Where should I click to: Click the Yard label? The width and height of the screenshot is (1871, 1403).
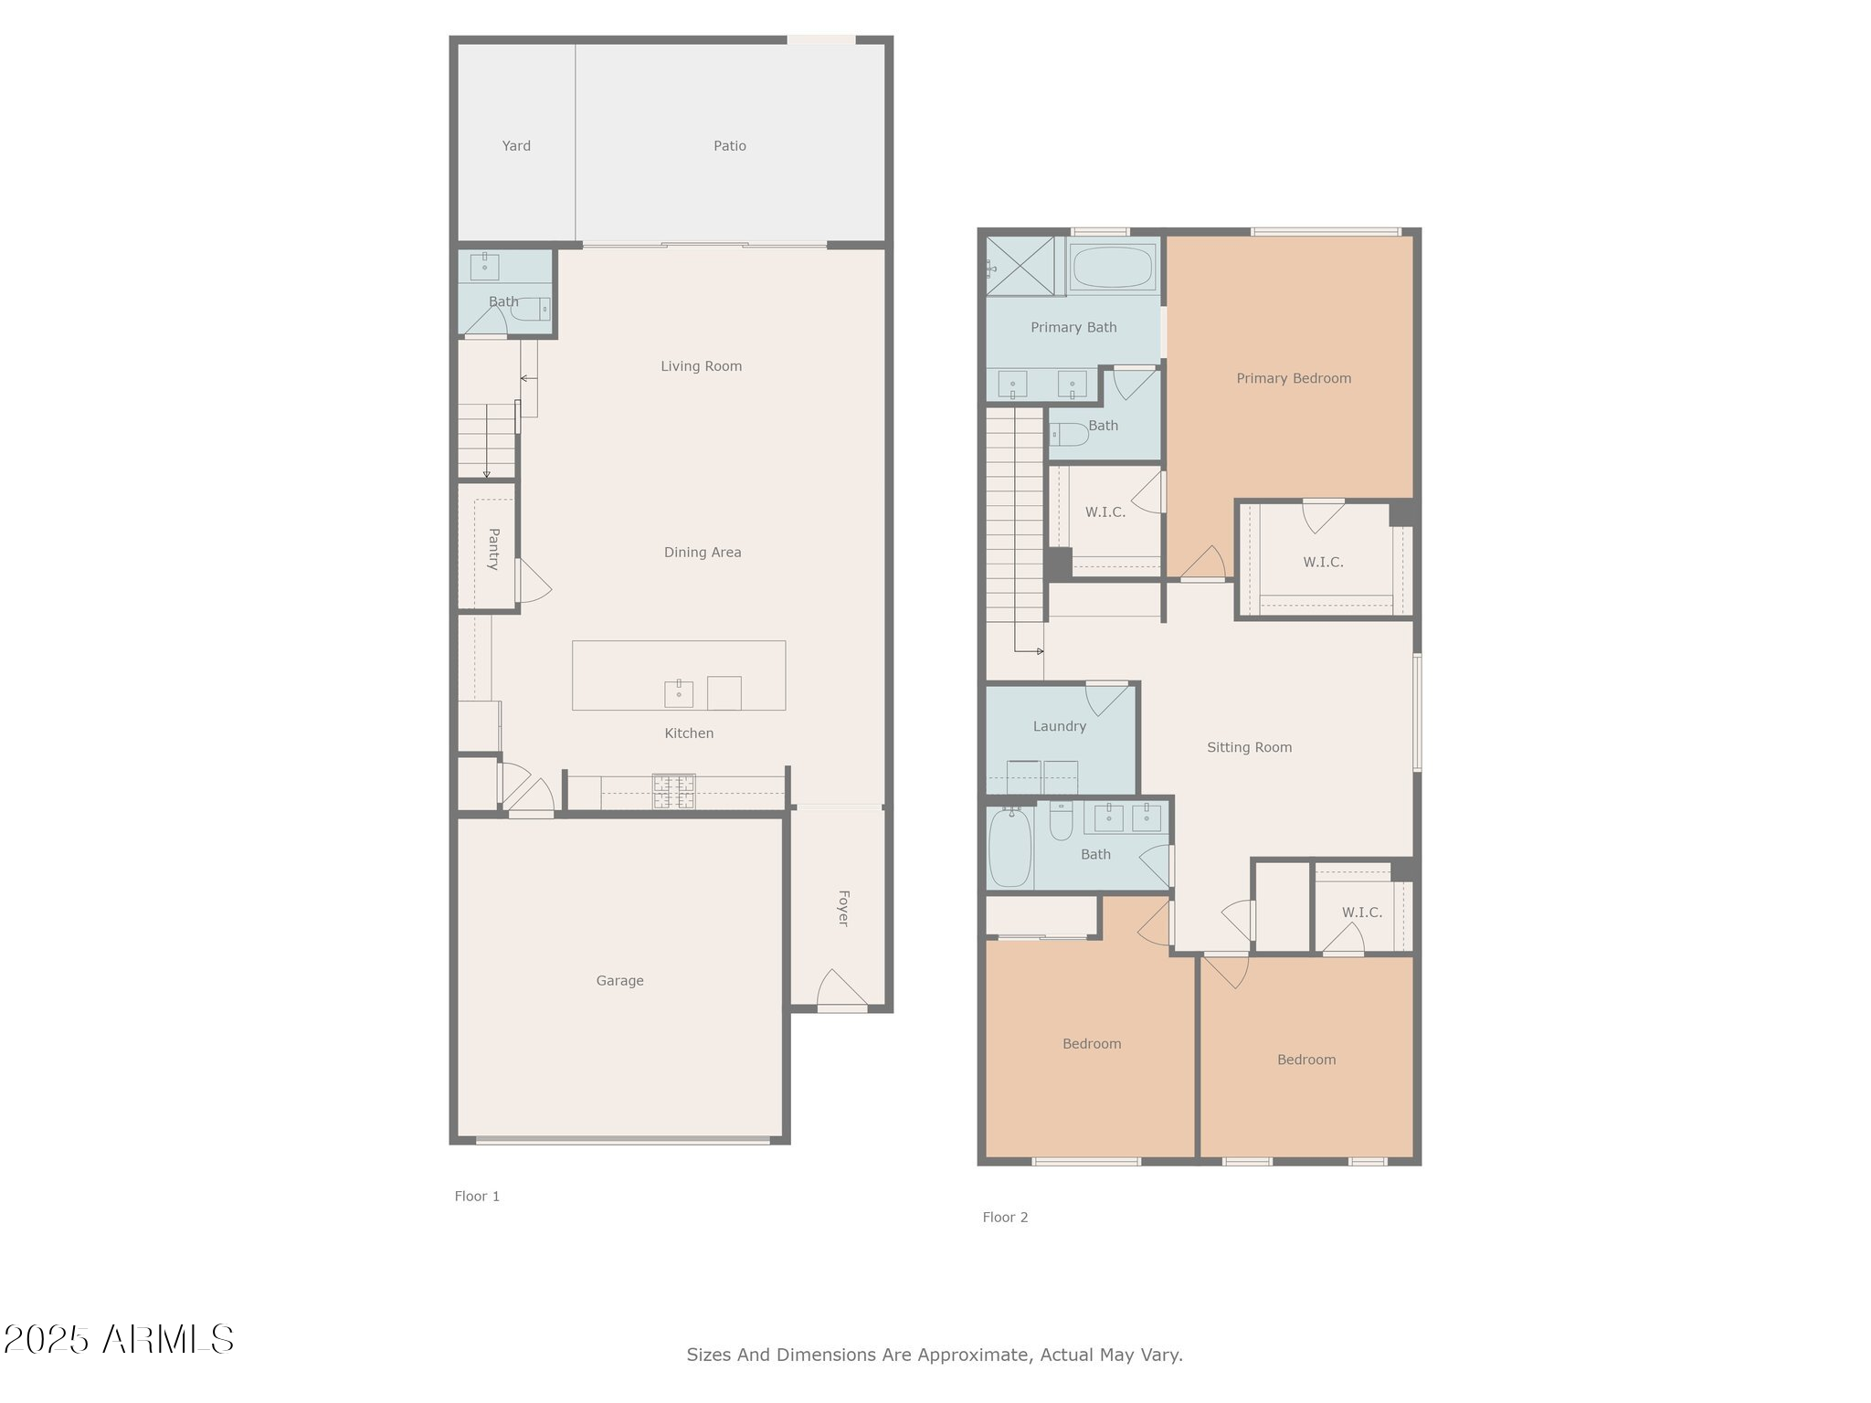516,146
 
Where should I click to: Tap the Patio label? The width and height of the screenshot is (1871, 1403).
729,146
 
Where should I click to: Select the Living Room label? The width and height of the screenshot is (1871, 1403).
701,366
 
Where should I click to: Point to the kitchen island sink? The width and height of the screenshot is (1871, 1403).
678,694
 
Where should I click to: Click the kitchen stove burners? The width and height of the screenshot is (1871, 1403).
673,791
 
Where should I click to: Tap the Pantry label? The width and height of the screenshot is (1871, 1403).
493,549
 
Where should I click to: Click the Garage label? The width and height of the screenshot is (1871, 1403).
619,981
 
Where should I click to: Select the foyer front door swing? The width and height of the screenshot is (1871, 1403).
840,990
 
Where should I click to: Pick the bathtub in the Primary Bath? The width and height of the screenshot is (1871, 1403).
1112,267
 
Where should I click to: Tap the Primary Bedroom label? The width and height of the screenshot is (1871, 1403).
1293,378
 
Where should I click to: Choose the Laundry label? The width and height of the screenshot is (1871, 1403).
1059,727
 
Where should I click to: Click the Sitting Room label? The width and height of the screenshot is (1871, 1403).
1249,747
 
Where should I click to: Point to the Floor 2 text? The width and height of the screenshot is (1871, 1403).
1005,1218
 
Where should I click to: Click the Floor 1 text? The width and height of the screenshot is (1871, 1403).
477,1197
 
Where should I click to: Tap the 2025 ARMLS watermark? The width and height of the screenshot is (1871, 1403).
119,1340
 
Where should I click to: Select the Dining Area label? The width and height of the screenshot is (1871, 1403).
702,553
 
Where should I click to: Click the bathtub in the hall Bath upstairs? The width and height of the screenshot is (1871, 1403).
1009,848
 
